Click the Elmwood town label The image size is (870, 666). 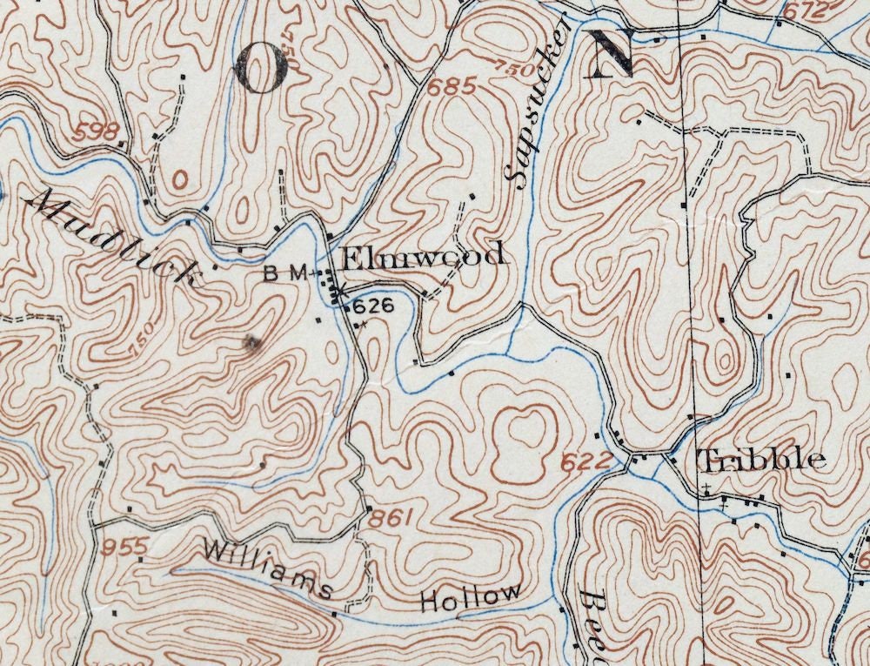pos(422,257)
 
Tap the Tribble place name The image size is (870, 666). pos(761,460)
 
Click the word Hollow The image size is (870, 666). pos(471,599)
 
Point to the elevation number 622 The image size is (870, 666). pos(580,462)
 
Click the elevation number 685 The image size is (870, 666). pos(452,87)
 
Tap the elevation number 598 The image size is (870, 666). pos(96,132)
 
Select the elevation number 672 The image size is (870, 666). pos(802,12)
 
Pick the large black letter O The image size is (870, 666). pos(260,68)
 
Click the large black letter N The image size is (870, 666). pos(608,54)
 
